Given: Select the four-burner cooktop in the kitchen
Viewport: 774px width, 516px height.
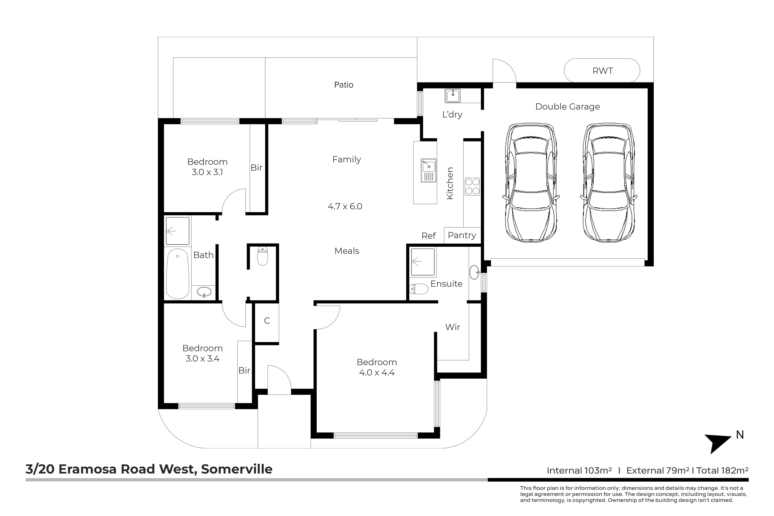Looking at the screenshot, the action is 472,187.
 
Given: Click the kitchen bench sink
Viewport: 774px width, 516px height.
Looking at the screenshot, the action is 428,170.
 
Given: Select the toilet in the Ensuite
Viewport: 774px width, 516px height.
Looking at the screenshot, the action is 419,289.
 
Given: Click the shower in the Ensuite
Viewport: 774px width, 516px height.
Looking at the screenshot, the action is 423,262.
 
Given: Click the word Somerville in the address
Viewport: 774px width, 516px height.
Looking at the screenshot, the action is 237,469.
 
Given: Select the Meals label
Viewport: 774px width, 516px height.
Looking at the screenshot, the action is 347,251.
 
